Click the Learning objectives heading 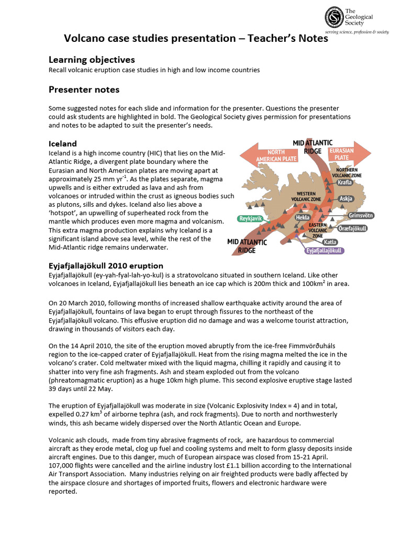pyautogui.click(x=92, y=60)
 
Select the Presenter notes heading pyautogui.click(x=84, y=90)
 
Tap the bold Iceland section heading pyautogui.click(x=63, y=143)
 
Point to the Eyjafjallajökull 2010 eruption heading pyautogui.click(x=106, y=266)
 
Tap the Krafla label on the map pyautogui.click(x=345, y=182)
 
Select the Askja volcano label pyautogui.click(x=346, y=199)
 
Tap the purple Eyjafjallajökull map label pyautogui.click(x=324, y=251)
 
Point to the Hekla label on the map pyautogui.click(x=303, y=217)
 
